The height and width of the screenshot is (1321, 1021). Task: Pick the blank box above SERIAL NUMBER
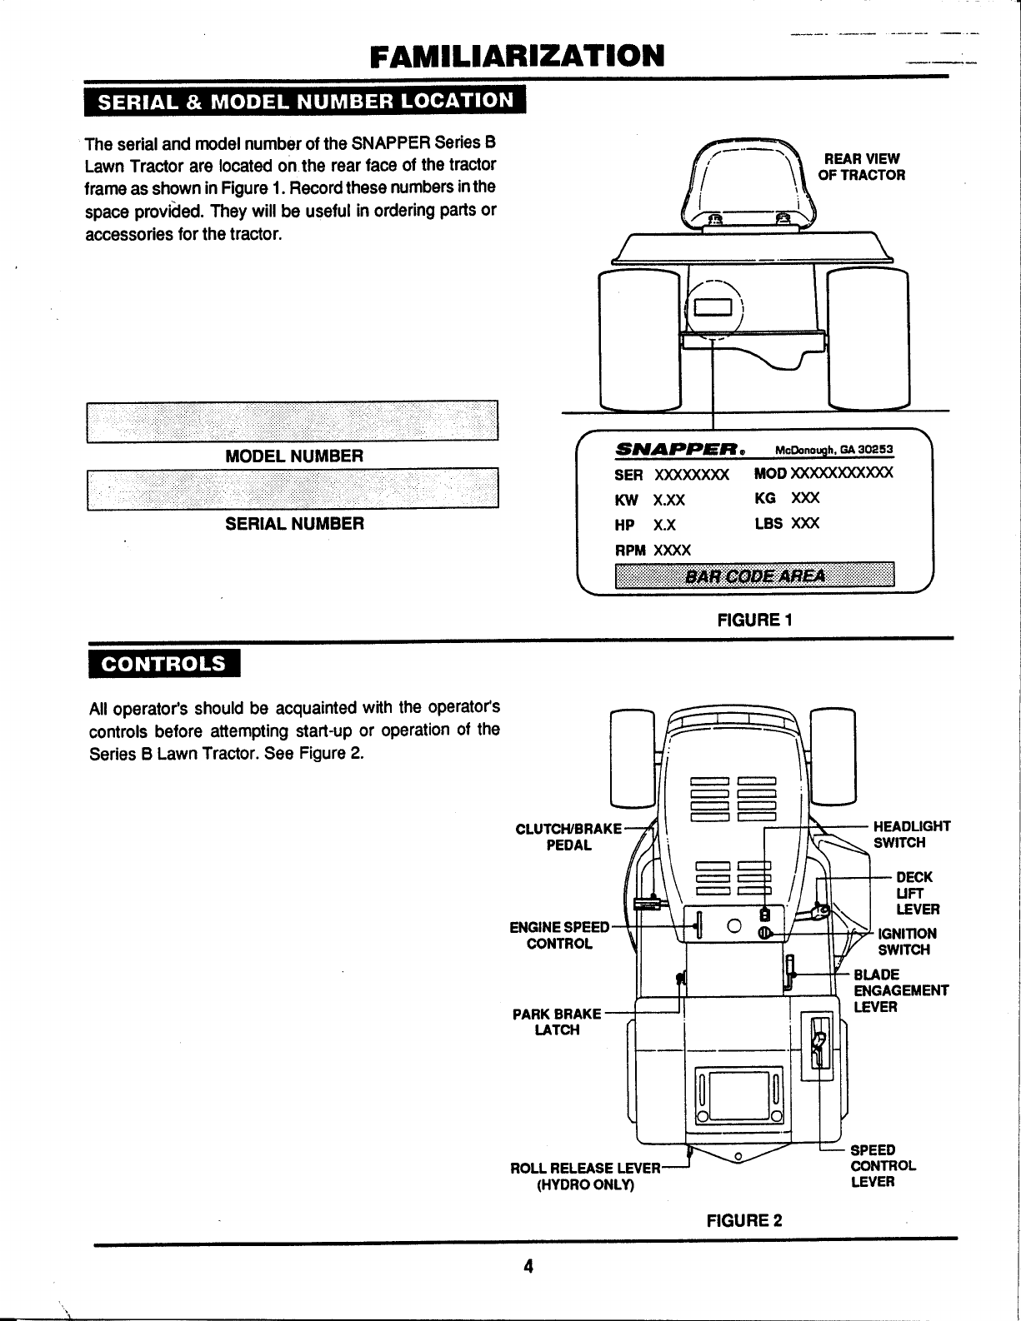coord(292,489)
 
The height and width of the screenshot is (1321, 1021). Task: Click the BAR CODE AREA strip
coord(753,576)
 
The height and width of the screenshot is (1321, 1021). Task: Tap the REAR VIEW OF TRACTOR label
coord(863,167)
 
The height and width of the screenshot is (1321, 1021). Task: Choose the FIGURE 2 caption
coord(744,1221)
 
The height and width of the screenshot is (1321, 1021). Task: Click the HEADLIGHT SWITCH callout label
coord(911,835)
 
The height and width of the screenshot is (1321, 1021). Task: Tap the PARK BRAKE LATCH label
coord(557,1022)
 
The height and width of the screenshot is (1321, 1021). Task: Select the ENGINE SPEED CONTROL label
coord(559,935)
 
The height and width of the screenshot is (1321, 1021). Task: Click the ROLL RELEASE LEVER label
coord(585,1176)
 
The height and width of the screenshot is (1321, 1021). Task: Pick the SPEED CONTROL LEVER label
coord(883,1166)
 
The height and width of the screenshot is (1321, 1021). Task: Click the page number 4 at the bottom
coord(527,1266)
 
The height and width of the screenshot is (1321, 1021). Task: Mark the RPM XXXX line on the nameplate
coord(653,551)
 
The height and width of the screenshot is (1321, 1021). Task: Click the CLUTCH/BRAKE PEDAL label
coord(568,836)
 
